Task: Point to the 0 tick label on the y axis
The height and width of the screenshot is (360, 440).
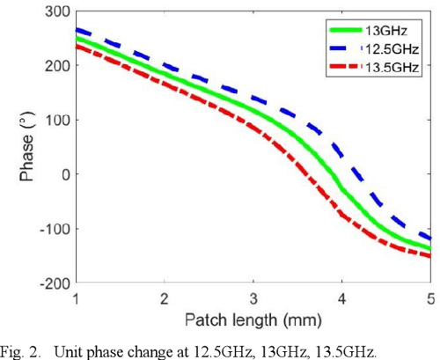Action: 64,174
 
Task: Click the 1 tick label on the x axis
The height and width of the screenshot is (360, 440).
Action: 77,298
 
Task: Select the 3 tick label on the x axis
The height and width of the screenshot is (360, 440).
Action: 253,298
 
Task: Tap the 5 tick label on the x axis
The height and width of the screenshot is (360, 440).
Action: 430,298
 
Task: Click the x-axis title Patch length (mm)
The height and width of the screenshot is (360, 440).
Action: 253,316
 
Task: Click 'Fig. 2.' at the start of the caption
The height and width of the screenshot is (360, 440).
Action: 21,350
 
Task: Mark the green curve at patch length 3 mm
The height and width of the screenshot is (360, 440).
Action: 253,113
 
